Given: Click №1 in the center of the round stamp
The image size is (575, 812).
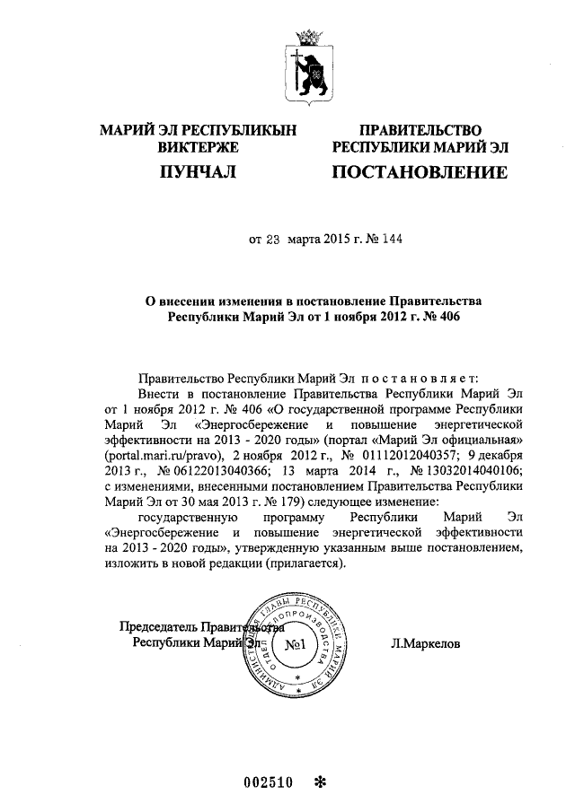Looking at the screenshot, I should click(x=296, y=645).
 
